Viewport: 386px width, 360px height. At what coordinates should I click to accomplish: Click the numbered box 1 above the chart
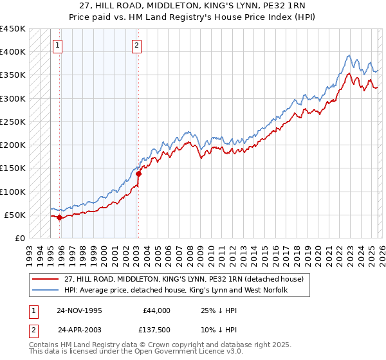click(58, 45)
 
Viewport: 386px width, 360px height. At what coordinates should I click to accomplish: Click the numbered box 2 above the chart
click(138, 45)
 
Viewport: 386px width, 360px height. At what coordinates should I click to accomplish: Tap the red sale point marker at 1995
click(60, 218)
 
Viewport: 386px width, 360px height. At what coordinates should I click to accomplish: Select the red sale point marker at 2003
click(138, 174)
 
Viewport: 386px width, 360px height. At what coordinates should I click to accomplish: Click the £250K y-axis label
click(13, 122)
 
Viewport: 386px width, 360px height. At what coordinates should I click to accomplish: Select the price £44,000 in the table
click(156, 310)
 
